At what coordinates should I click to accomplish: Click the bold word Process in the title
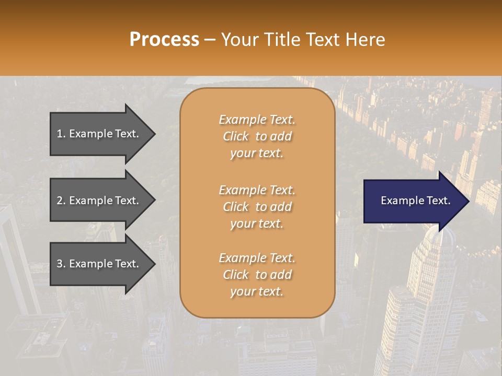pyautogui.click(x=164, y=40)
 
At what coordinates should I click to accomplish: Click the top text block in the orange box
pyautogui.click(x=257, y=136)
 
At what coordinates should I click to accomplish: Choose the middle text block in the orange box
pyautogui.click(x=257, y=207)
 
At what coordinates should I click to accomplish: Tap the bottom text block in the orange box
pyautogui.click(x=257, y=275)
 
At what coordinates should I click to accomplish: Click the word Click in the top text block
pyautogui.click(x=236, y=136)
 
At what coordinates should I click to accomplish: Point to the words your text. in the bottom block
pyautogui.click(x=257, y=291)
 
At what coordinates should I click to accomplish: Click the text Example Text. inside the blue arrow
pyautogui.click(x=415, y=201)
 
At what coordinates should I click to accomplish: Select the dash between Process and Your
pyautogui.click(x=210, y=40)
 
